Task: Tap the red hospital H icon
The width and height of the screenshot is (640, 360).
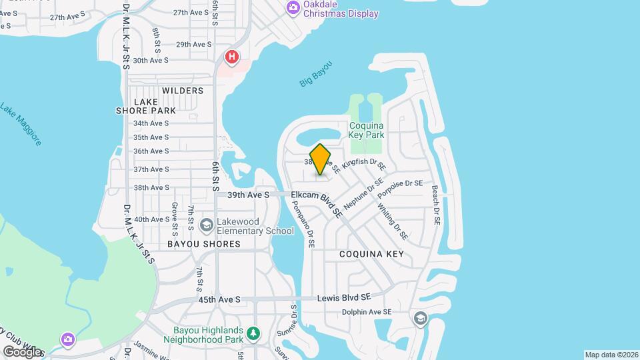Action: (231, 57)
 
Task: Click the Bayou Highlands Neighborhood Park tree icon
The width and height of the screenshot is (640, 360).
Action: (253, 333)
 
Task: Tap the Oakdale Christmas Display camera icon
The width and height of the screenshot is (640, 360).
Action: (292, 8)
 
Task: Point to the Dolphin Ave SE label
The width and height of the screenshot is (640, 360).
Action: (365, 311)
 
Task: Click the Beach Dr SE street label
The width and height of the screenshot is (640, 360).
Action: (436, 205)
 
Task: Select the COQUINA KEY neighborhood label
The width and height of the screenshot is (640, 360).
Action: (371, 254)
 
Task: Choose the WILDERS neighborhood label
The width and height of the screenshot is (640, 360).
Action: (182, 90)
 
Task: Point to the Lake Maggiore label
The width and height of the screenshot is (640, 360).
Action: (21, 124)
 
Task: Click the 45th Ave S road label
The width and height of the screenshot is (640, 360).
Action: (219, 300)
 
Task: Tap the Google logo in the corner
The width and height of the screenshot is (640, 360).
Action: (22, 351)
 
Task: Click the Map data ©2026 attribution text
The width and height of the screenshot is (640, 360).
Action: (611, 355)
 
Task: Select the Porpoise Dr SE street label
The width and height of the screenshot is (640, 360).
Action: (400, 189)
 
